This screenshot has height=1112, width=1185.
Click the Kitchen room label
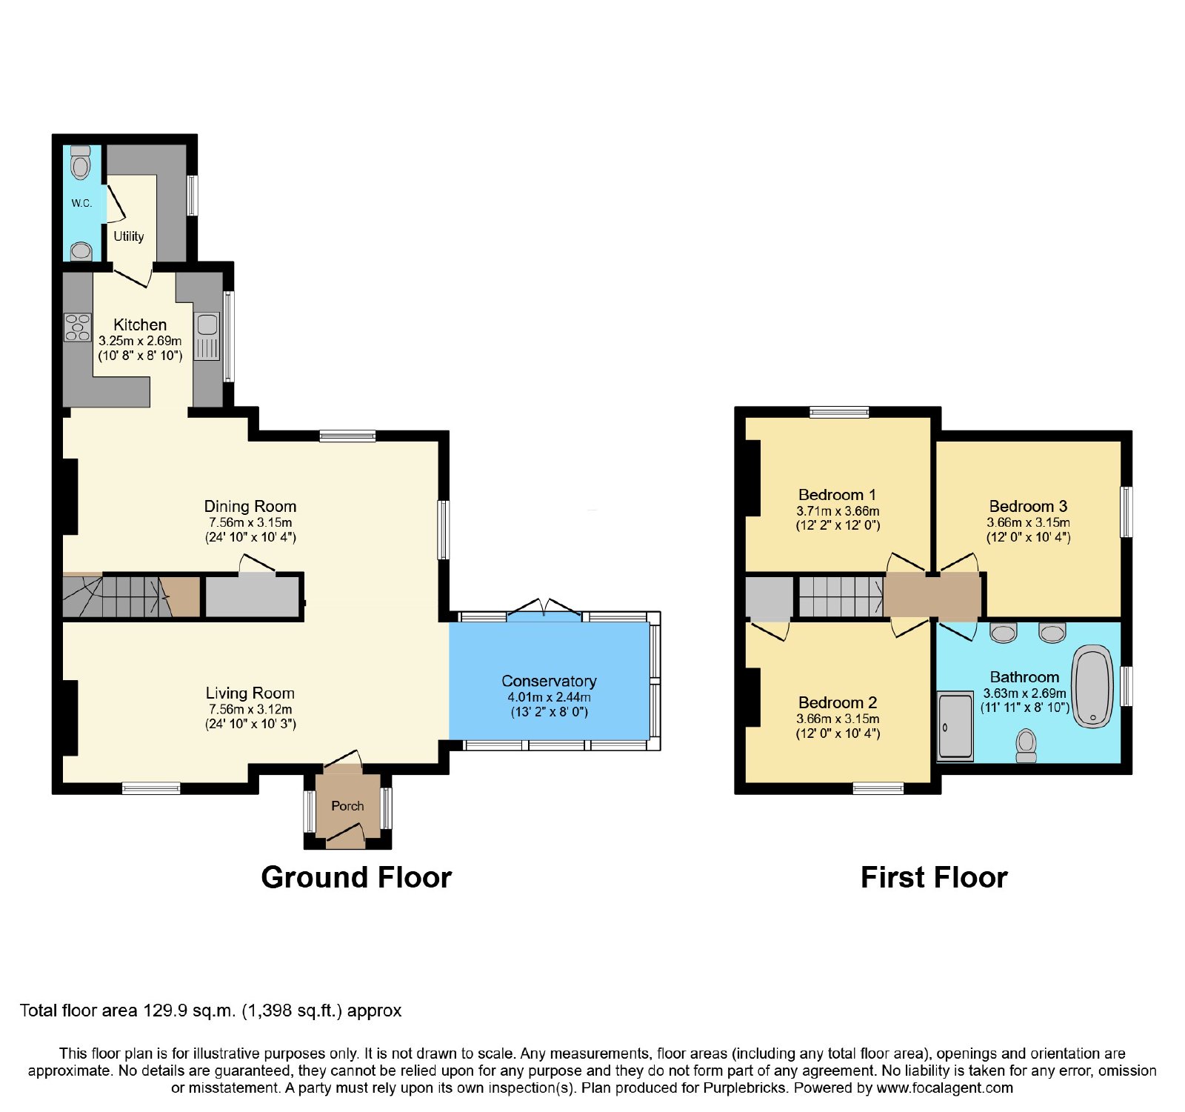click(140, 324)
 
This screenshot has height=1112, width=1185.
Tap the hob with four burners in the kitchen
click(77, 327)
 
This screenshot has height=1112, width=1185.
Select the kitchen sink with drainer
click(207, 336)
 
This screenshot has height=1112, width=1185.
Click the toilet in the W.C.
click(80, 162)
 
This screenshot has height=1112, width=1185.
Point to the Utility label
click(129, 236)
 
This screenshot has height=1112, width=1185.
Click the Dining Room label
click(250, 507)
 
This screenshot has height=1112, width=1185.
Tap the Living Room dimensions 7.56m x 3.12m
click(250, 710)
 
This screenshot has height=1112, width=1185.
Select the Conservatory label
click(549, 682)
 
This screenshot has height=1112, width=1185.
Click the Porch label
click(347, 806)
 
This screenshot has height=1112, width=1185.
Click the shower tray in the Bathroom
click(955, 726)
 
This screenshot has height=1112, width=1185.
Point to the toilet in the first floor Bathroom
click(1026, 745)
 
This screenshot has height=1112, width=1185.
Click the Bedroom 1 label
click(838, 495)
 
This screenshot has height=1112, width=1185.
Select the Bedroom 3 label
click(1028, 507)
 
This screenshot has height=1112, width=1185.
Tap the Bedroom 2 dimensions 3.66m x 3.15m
click(838, 719)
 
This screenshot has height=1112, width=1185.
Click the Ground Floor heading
click(356, 878)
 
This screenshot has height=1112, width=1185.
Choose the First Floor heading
click(934, 878)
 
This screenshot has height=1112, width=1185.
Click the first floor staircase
click(841, 597)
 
